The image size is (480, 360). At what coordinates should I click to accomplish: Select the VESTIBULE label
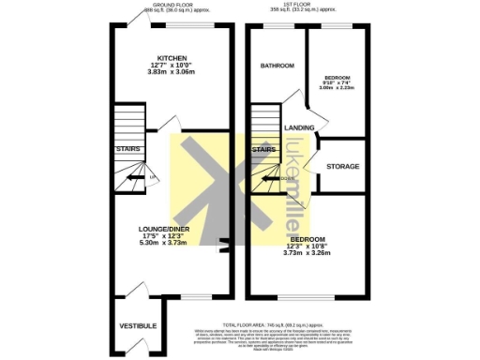click(138, 325)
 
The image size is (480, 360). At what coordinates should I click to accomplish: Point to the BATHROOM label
click(277, 66)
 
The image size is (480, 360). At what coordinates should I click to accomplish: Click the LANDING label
click(298, 127)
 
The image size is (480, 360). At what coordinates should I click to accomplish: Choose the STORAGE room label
click(342, 166)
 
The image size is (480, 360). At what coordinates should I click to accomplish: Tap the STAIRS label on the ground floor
click(127, 149)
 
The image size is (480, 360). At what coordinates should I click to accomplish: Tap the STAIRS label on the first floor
click(264, 149)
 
